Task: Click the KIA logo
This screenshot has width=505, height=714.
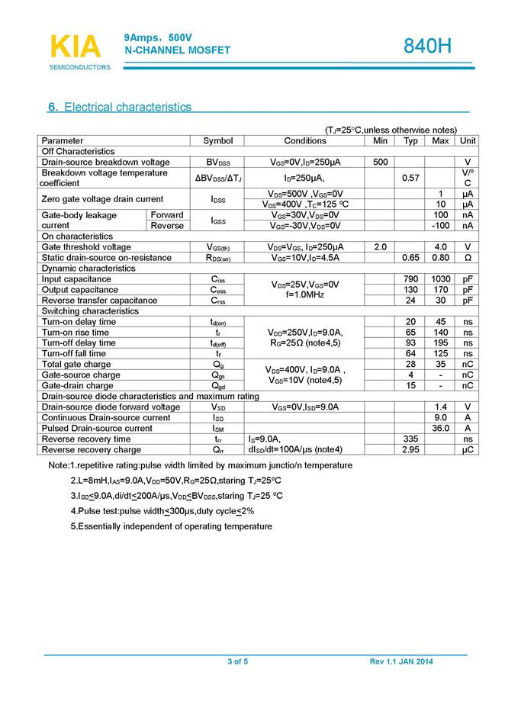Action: click(x=76, y=47)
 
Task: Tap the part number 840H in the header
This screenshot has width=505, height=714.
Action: click(x=428, y=47)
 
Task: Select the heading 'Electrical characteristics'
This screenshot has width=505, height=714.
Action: click(x=127, y=107)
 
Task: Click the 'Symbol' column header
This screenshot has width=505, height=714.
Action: click(x=218, y=141)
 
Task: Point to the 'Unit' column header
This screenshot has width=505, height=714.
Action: click(x=468, y=141)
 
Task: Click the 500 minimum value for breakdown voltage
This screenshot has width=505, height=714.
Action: click(x=381, y=162)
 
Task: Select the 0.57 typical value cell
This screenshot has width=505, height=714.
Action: click(x=410, y=178)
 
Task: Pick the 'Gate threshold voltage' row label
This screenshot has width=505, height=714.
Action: click(x=86, y=247)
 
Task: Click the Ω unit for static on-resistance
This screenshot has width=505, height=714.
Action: click(x=468, y=258)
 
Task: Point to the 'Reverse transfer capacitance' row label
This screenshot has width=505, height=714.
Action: click(x=99, y=301)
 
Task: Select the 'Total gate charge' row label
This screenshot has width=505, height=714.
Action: click(x=76, y=365)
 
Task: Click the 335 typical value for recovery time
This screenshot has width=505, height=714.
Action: click(x=410, y=439)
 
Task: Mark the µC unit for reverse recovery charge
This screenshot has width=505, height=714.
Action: click(x=468, y=450)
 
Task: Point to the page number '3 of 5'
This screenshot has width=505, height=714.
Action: click(x=238, y=661)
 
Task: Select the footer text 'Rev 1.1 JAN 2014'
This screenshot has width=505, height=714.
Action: click(x=401, y=661)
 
